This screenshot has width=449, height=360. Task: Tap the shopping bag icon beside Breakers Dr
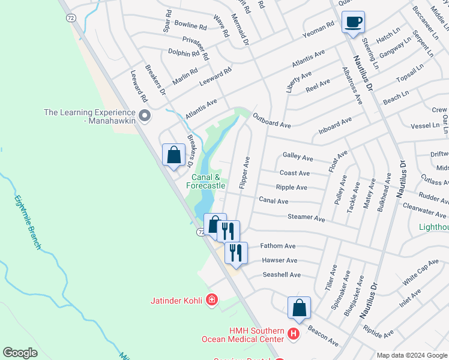173,155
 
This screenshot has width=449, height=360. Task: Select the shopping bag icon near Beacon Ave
299,308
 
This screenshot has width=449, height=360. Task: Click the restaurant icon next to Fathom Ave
236,253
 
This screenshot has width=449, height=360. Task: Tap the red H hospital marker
293,334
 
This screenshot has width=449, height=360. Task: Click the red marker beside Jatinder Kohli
211,299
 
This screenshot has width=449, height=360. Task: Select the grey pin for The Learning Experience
144,115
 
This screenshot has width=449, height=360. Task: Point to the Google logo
20,352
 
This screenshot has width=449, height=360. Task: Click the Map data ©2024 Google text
411,355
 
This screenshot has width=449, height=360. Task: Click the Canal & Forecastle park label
205,181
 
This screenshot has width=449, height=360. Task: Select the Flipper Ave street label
244,173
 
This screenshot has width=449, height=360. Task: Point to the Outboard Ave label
271,120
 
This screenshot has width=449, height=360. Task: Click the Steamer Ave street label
306,217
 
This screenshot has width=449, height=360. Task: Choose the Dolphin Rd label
183,53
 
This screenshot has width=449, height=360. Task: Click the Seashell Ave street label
282,274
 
